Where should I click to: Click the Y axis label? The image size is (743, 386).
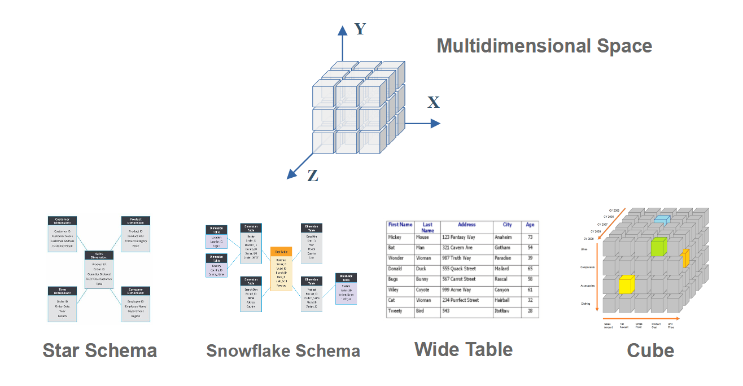pyautogui.click(x=360, y=29)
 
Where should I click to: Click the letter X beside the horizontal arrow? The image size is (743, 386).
pyautogui.click(x=433, y=103)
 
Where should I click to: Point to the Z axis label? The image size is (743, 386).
pyautogui.click(x=312, y=176)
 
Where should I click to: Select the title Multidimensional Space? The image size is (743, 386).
pyautogui.click(x=544, y=46)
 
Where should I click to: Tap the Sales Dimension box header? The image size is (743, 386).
pyautogui.click(x=99, y=256)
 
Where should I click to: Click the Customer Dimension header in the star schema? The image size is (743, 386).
pyautogui.click(x=62, y=221)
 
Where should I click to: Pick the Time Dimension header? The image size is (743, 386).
pyautogui.click(x=62, y=291)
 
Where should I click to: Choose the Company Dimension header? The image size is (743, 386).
pyautogui.click(x=136, y=291)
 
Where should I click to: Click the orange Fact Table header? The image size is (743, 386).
pyautogui.click(x=281, y=251)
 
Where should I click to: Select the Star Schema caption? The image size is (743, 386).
pyautogui.click(x=99, y=350)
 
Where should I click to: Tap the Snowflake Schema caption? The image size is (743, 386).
pyautogui.click(x=283, y=351)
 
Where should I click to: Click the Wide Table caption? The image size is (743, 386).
pyautogui.click(x=464, y=349)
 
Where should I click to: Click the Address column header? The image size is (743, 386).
pyautogui.click(x=466, y=225)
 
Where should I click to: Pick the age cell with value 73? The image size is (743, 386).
pyautogui.click(x=530, y=238)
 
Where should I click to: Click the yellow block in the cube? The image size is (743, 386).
pyautogui.click(x=625, y=284)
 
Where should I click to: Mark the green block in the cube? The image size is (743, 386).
pyautogui.click(x=658, y=247)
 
